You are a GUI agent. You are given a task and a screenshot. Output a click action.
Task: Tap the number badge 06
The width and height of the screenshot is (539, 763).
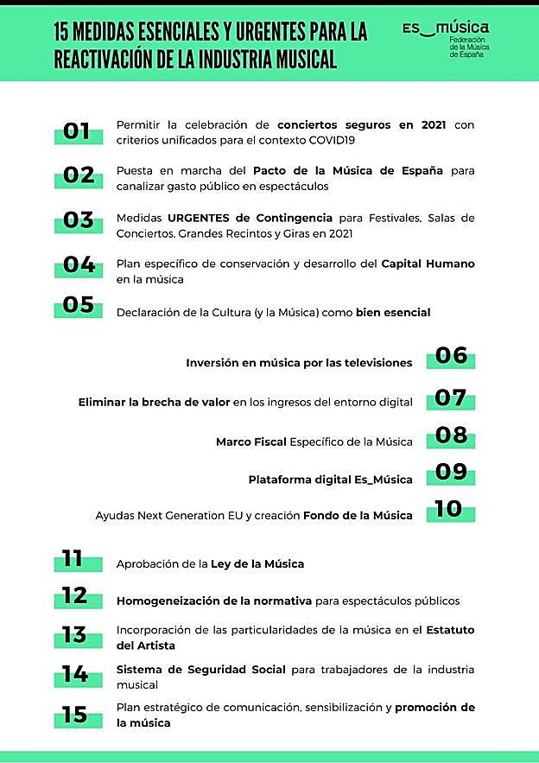click(451, 355)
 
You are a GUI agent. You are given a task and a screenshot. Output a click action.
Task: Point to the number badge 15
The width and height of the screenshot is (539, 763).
click(76, 715)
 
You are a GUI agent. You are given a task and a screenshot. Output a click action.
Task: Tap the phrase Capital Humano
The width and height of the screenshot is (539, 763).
click(428, 264)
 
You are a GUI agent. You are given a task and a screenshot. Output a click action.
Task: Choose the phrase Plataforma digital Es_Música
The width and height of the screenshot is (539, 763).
click(330, 480)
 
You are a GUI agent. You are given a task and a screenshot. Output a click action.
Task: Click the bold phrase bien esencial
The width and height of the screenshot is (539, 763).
click(393, 312)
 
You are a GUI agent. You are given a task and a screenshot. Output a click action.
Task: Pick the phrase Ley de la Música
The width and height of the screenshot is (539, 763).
click(257, 564)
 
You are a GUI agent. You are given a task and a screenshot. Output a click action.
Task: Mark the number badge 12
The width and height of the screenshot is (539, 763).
click(76, 596)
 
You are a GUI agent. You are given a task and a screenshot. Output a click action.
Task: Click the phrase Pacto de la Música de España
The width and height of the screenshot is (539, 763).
click(346, 171)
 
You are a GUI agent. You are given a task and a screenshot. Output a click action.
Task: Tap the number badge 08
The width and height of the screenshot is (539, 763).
click(451, 435)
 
